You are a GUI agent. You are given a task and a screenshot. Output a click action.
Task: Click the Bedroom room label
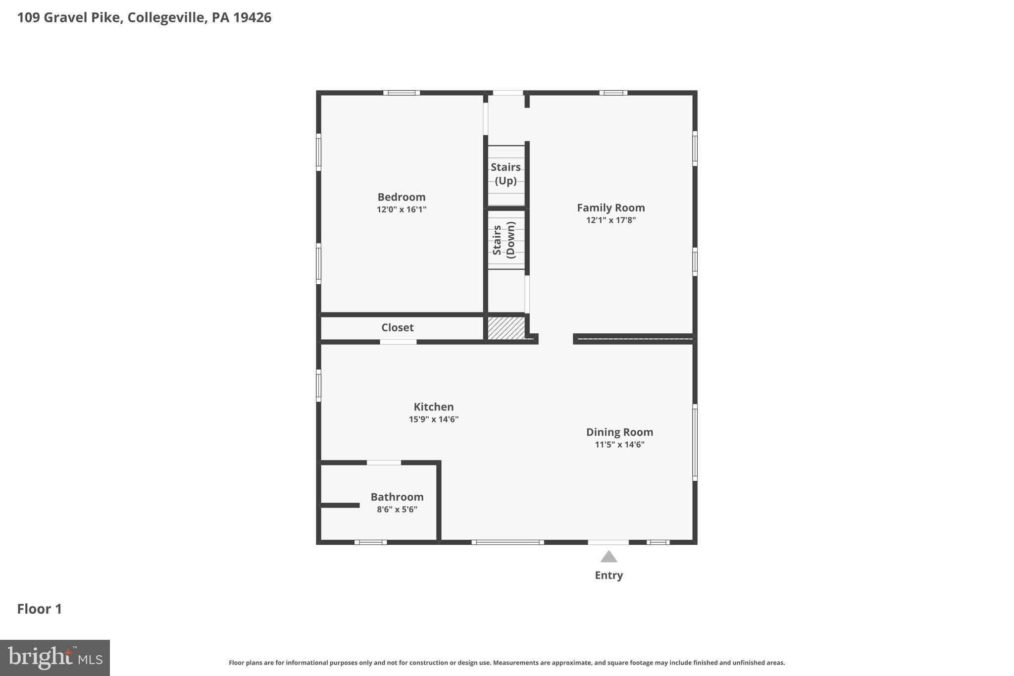[401, 197]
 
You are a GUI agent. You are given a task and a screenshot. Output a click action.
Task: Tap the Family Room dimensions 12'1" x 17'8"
[610, 220]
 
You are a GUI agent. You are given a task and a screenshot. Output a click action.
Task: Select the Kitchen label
[433, 407]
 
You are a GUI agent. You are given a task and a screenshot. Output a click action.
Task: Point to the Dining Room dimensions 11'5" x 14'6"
[619, 445]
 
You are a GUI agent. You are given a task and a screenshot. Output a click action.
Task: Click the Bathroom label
[397, 497]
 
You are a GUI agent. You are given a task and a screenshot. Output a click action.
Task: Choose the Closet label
[397, 327]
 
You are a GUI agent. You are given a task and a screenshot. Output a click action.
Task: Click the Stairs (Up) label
[506, 174]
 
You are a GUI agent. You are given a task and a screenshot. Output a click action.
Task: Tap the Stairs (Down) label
[504, 240]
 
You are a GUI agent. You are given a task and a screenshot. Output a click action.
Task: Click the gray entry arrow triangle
[608, 557]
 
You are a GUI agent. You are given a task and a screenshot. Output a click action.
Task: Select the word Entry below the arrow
[608, 575]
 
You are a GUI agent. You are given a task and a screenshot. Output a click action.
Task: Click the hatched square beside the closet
[506, 328]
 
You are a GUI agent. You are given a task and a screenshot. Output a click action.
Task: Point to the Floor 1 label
[40, 609]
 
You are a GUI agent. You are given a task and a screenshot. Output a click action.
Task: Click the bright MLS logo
[55, 658]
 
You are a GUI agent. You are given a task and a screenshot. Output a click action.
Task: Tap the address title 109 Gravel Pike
[144, 18]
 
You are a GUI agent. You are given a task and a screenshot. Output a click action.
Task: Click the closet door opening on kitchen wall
[398, 342]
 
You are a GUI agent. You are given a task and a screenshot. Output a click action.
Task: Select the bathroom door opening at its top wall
[384, 463]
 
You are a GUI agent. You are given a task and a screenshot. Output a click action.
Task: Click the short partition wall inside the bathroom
[340, 505]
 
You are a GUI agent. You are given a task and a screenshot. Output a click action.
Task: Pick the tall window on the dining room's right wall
[695, 442]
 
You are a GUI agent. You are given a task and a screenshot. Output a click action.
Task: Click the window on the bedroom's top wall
[401, 93]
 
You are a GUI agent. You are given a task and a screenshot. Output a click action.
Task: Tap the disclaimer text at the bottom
[507, 663]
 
